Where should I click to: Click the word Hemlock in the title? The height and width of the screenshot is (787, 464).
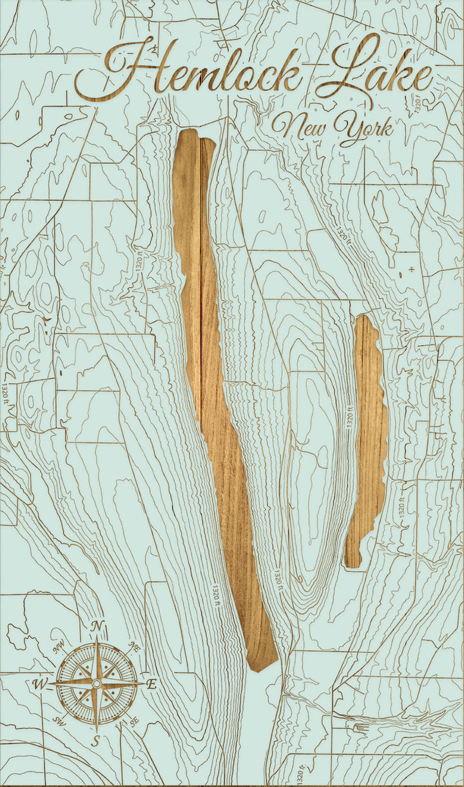[193, 71]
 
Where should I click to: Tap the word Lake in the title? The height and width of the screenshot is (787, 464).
[374, 71]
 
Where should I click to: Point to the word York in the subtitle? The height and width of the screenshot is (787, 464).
[364, 129]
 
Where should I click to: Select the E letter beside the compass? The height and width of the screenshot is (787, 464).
[152, 685]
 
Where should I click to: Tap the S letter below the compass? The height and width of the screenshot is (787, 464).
[95, 741]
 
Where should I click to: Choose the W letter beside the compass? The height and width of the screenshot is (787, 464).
[39, 684]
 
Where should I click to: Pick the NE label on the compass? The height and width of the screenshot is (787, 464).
[134, 646]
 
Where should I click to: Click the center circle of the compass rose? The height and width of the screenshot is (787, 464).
[97, 683]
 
